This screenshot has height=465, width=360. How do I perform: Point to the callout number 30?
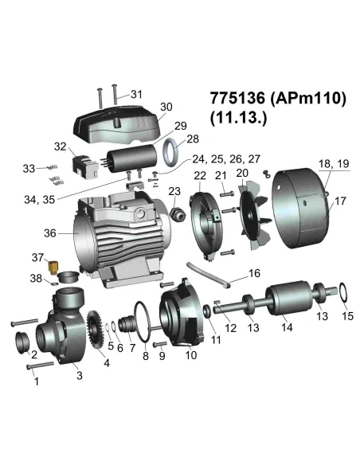165,107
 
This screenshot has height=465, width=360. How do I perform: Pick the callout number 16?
254,272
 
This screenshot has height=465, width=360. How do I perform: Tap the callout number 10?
191,355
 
